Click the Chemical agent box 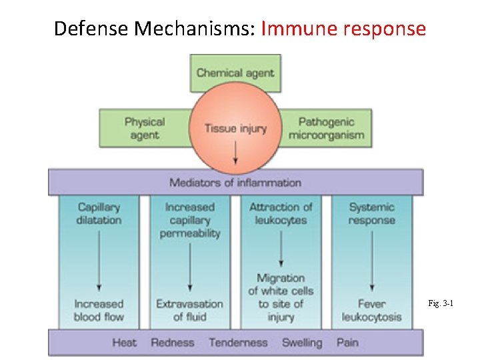pyautogui.click(x=235, y=73)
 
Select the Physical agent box pyautogui.click(x=144, y=128)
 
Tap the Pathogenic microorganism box pyautogui.click(x=326, y=128)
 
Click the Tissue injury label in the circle pyautogui.click(x=235, y=128)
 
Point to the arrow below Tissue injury pyautogui.click(x=235, y=153)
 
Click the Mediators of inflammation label pyautogui.click(x=235, y=182)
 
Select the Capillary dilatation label pyautogui.click(x=99, y=213)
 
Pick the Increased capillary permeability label pyautogui.click(x=190, y=220)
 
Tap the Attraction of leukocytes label pyautogui.click(x=281, y=213)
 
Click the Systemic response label pyautogui.click(x=371, y=213)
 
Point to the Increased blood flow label pyautogui.click(x=99, y=310)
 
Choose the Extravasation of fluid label pyautogui.click(x=190, y=310)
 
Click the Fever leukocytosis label pyautogui.click(x=371, y=310)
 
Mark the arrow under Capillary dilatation pyautogui.click(x=99, y=260)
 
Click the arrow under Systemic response pyautogui.click(x=371, y=260)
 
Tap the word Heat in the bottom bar pyautogui.click(x=124, y=343)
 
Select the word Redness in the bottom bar pyautogui.click(x=173, y=343)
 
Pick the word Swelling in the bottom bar pyautogui.click(x=301, y=343)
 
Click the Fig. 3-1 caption pyautogui.click(x=441, y=304)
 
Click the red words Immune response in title pyautogui.click(x=343, y=29)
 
